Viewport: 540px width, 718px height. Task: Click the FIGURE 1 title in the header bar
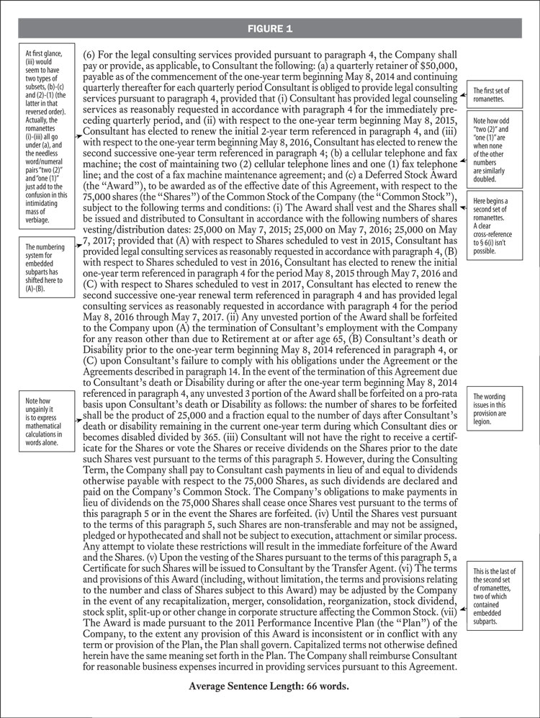pyautogui.click(x=269, y=29)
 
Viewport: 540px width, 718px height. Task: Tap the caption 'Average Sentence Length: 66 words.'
pyautogui.click(x=269, y=686)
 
